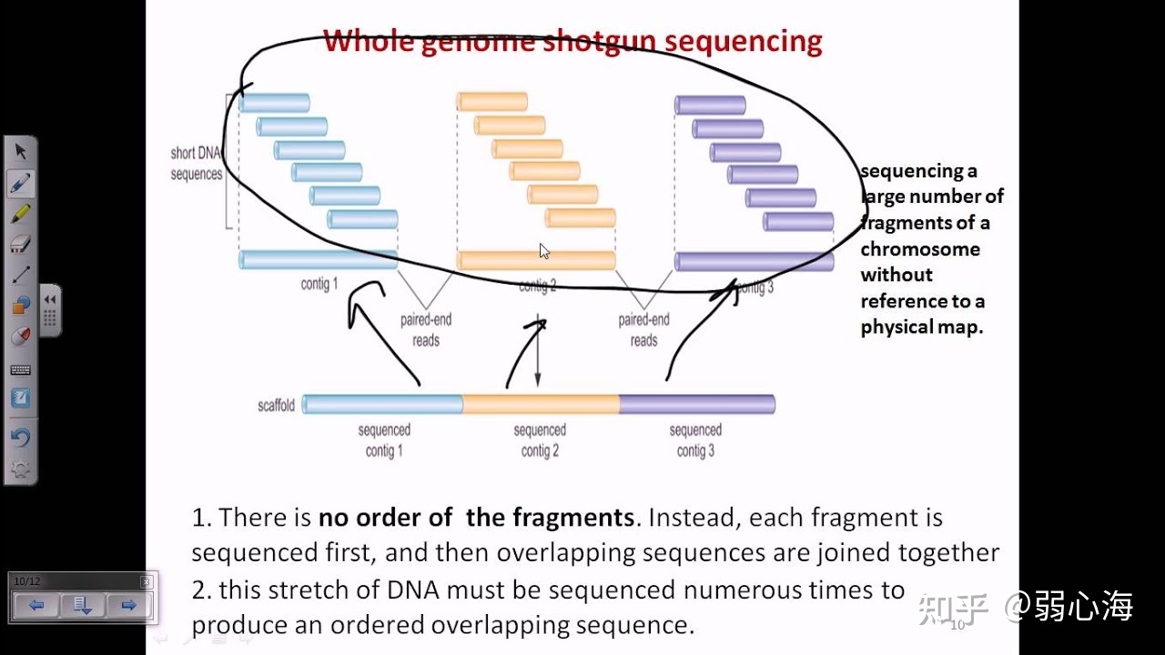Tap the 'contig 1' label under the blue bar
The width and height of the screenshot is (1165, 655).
[319, 285]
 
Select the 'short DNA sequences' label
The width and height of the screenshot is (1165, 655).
[196, 164]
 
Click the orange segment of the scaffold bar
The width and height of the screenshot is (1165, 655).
[541, 404]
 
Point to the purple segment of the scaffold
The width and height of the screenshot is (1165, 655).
[696, 404]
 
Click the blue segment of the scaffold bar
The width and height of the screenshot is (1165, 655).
[382, 404]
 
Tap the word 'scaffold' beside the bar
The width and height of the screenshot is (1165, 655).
[276, 406]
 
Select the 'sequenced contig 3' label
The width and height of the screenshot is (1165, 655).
[695, 440]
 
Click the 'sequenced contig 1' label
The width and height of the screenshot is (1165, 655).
[384, 440]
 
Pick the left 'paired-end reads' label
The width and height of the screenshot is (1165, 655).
[426, 330]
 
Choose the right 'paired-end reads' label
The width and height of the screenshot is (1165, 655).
[643, 330]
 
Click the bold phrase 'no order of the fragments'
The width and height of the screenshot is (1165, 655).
[476, 518]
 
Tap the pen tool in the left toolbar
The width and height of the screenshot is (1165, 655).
[20, 183]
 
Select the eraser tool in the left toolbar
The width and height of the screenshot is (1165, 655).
[20, 244]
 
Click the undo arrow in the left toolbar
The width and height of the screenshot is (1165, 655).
[20, 438]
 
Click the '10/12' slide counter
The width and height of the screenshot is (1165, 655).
[27, 581]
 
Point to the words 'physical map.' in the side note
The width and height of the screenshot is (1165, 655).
[922, 327]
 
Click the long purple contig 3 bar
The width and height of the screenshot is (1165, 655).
[754, 262]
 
